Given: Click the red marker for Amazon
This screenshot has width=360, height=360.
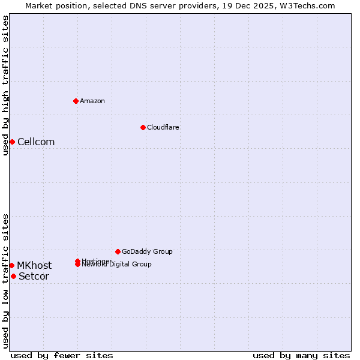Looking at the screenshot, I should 76,101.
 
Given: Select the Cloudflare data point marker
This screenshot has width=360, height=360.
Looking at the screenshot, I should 143,127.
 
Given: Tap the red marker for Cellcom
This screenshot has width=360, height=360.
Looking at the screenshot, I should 12,142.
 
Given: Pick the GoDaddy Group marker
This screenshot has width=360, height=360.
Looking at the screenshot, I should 118,251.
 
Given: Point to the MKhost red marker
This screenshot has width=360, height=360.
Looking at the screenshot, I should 11,265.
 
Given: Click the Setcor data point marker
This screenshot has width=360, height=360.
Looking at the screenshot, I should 13,276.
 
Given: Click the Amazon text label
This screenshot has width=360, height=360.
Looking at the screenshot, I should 92,101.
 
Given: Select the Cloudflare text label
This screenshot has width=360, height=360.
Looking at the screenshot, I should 163,127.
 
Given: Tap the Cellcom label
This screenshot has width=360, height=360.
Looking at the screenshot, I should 36,142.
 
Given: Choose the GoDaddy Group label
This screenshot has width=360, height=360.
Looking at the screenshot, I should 147,251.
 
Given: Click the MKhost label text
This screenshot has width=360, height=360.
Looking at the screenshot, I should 34,266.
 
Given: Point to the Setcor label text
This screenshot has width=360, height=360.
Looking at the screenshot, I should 34,277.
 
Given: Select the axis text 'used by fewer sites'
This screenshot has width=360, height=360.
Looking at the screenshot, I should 62,355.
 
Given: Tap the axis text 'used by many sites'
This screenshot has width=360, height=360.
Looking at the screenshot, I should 301,355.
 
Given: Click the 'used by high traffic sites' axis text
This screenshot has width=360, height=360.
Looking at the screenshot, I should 5,85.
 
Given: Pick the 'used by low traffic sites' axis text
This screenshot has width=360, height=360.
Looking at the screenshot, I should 5,281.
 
